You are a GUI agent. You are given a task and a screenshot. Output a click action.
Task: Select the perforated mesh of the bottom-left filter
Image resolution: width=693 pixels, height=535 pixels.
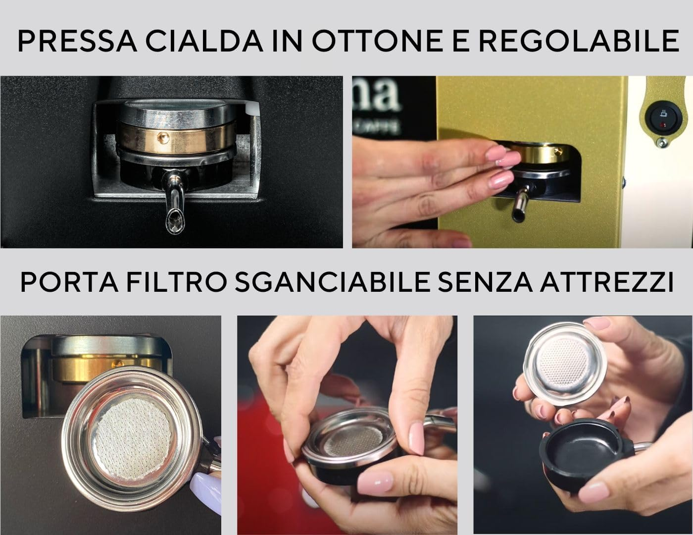131,436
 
